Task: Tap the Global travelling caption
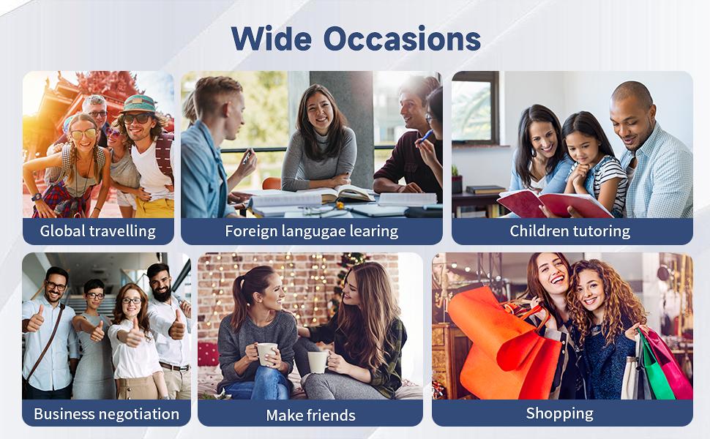pos(98,231)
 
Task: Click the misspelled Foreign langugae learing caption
pos(312,231)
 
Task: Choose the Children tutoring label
pos(569,231)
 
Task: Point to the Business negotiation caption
pos(106,413)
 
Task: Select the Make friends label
pos(310,415)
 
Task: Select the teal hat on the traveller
pos(138,103)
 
